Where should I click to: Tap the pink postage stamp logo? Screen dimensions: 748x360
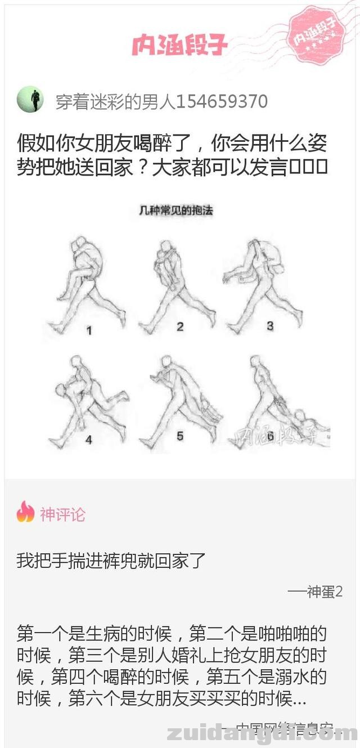coord(320,35)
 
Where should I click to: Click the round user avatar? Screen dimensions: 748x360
coord(30,101)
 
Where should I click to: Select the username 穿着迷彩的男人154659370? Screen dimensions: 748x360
coord(161,101)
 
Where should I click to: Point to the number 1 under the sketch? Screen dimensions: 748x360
coord(89,331)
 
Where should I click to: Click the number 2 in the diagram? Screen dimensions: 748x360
coord(180,326)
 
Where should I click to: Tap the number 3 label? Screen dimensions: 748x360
coord(270,325)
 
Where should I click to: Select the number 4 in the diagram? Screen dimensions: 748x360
coord(89,440)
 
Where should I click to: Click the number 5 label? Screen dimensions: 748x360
coord(180,436)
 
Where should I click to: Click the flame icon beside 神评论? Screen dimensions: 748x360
coord(25,513)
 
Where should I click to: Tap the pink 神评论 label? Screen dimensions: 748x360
coord(62,514)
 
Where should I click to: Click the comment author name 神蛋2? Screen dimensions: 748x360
coord(325,592)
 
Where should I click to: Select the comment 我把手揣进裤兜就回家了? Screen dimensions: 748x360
coord(111,561)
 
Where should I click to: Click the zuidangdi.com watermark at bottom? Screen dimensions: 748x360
coord(262,733)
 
